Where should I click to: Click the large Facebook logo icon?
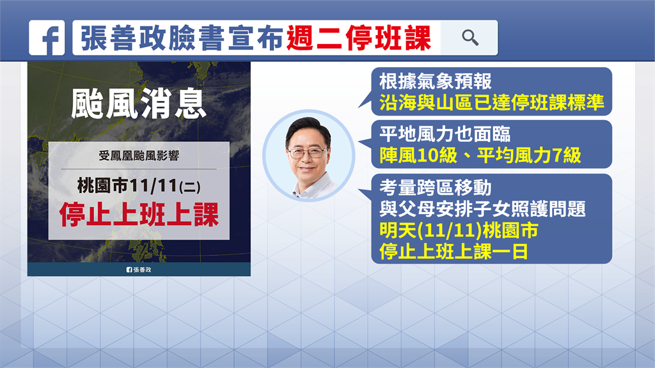47,38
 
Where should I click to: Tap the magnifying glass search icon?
470,38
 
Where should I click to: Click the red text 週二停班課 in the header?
359,38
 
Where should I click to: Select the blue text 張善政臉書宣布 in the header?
182,38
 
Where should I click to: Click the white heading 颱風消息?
139,103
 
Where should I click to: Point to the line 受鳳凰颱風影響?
139,156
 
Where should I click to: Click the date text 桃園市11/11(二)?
139,186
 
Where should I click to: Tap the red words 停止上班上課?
139,215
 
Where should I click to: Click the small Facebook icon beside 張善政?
129,270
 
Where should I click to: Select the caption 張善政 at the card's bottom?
143,270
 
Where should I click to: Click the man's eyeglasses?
308,153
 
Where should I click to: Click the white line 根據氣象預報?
435,81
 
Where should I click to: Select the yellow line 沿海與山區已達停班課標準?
492,102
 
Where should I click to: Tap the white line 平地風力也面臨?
445,134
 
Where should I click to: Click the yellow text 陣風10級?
418,156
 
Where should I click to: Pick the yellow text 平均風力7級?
529,156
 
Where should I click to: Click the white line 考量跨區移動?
435,188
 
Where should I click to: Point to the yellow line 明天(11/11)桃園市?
459,231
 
